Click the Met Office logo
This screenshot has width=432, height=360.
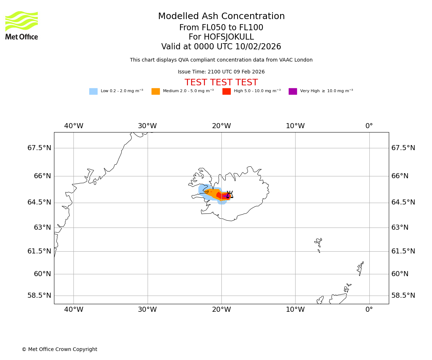(x=22, y=25)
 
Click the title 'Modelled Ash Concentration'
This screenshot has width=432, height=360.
(x=221, y=17)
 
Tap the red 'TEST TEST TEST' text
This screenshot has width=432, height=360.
(x=221, y=83)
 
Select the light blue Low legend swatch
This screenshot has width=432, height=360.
(x=93, y=91)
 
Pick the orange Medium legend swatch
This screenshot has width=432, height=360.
(x=156, y=91)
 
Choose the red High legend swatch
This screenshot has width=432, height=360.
(x=226, y=91)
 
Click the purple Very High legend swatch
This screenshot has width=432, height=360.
(x=293, y=91)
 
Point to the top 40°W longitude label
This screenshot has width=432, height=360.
(x=74, y=126)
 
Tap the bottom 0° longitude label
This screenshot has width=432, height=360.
(x=369, y=309)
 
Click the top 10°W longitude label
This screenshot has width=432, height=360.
(x=295, y=126)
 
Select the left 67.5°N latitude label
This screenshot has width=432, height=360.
(x=39, y=148)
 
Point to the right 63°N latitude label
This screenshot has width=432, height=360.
(x=400, y=228)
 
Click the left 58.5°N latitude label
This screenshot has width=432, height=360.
(x=39, y=296)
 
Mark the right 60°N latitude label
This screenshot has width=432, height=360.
(x=400, y=274)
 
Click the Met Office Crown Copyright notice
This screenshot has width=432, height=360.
(x=59, y=350)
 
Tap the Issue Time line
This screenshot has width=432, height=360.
(x=221, y=72)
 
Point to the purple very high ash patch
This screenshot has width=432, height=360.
(x=227, y=196)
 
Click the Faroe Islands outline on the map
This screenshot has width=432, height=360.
(x=319, y=243)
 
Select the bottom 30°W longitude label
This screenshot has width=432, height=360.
(x=147, y=309)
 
